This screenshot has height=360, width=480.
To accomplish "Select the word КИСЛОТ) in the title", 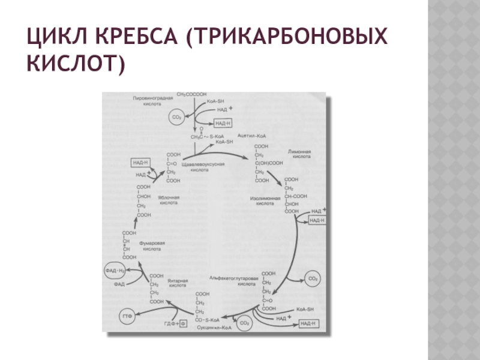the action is pyautogui.click(x=88, y=63).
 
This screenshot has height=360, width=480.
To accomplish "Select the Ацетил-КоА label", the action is pyautogui.click(x=252, y=137).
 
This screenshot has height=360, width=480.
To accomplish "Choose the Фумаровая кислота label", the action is pyautogui.click(x=152, y=245).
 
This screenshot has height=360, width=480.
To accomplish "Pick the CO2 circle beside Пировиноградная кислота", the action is pyautogui.click(x=176, y=118).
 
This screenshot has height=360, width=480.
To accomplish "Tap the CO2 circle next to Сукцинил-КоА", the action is pyautogui.click(x=244, y=324).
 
